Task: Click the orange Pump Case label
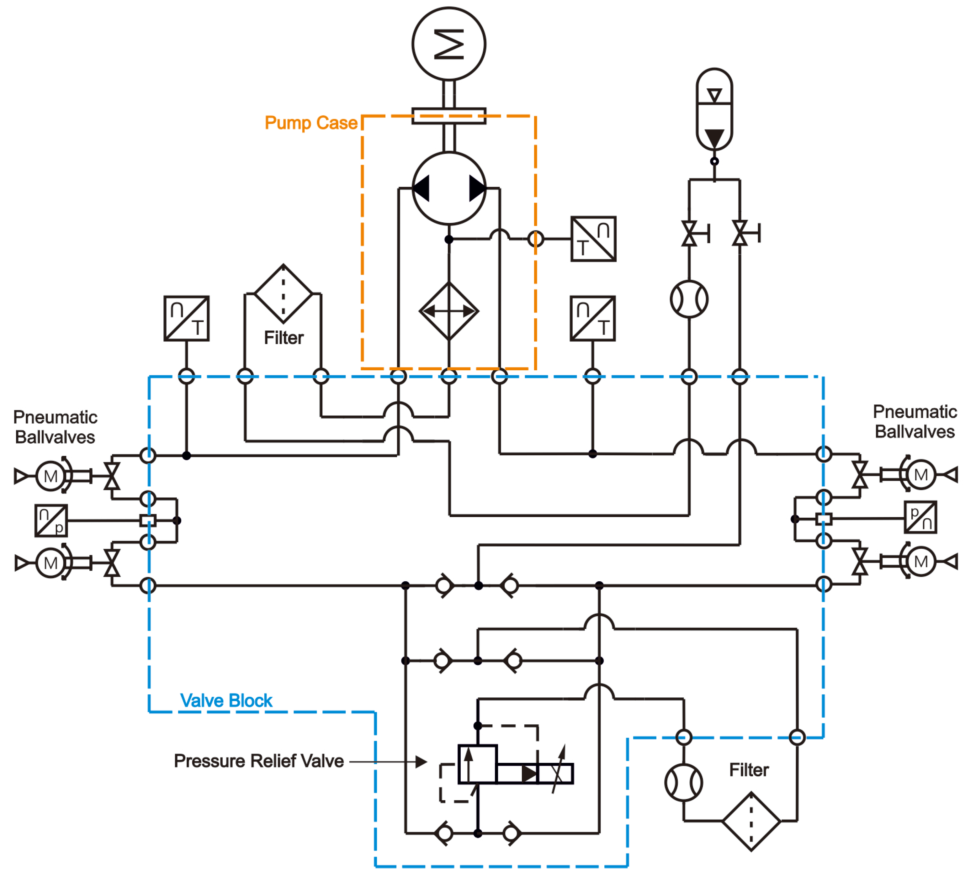coord(311,123)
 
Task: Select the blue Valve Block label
coord(226,700)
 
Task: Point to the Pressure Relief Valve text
coord(258,761)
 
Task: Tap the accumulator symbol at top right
coord(714,109)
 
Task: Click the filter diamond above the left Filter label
coord(284,294)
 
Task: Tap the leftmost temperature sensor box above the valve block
coord(186,318)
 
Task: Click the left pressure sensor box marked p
coord(51,520)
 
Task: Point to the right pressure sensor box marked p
coord(920,517)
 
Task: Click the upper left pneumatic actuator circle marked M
coord(50,476)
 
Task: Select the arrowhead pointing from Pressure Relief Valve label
coord(421,762)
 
